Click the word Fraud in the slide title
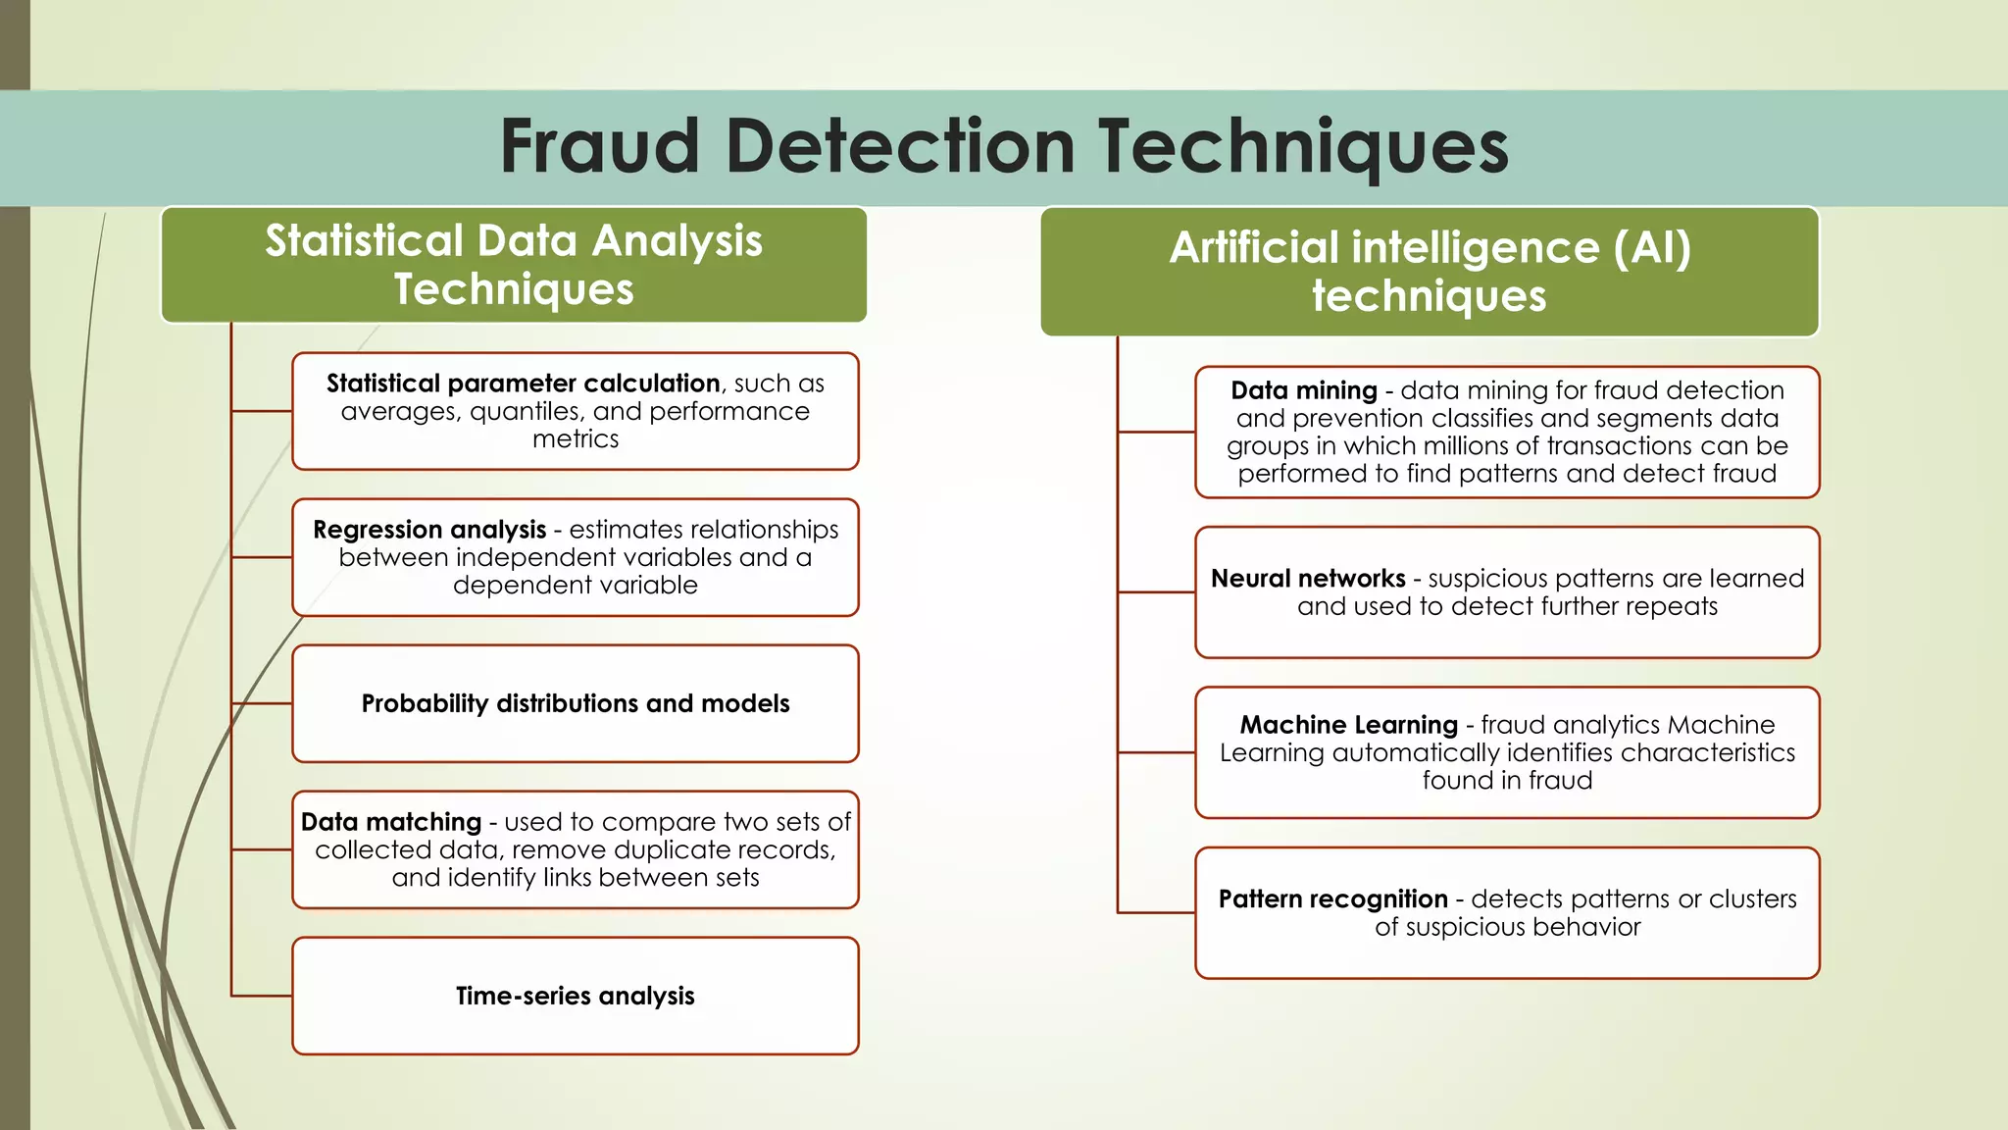tap(599, 146)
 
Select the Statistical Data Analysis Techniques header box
tap(514, 265)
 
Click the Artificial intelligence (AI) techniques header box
tap(1430, 272)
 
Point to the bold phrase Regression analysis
tap(429, 530)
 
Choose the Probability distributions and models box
tap(576, 703)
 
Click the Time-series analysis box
tap(576, 996)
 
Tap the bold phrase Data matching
tap(391, 822)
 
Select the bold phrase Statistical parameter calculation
tap(523, 384)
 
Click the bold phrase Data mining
tap(1304, 390)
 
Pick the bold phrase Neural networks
tap(1308, 579)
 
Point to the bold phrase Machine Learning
tap(1348, 725)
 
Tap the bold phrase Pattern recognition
tap(1332, 899)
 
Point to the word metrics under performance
tap(576, 439)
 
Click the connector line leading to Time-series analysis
tap(262, 996)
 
